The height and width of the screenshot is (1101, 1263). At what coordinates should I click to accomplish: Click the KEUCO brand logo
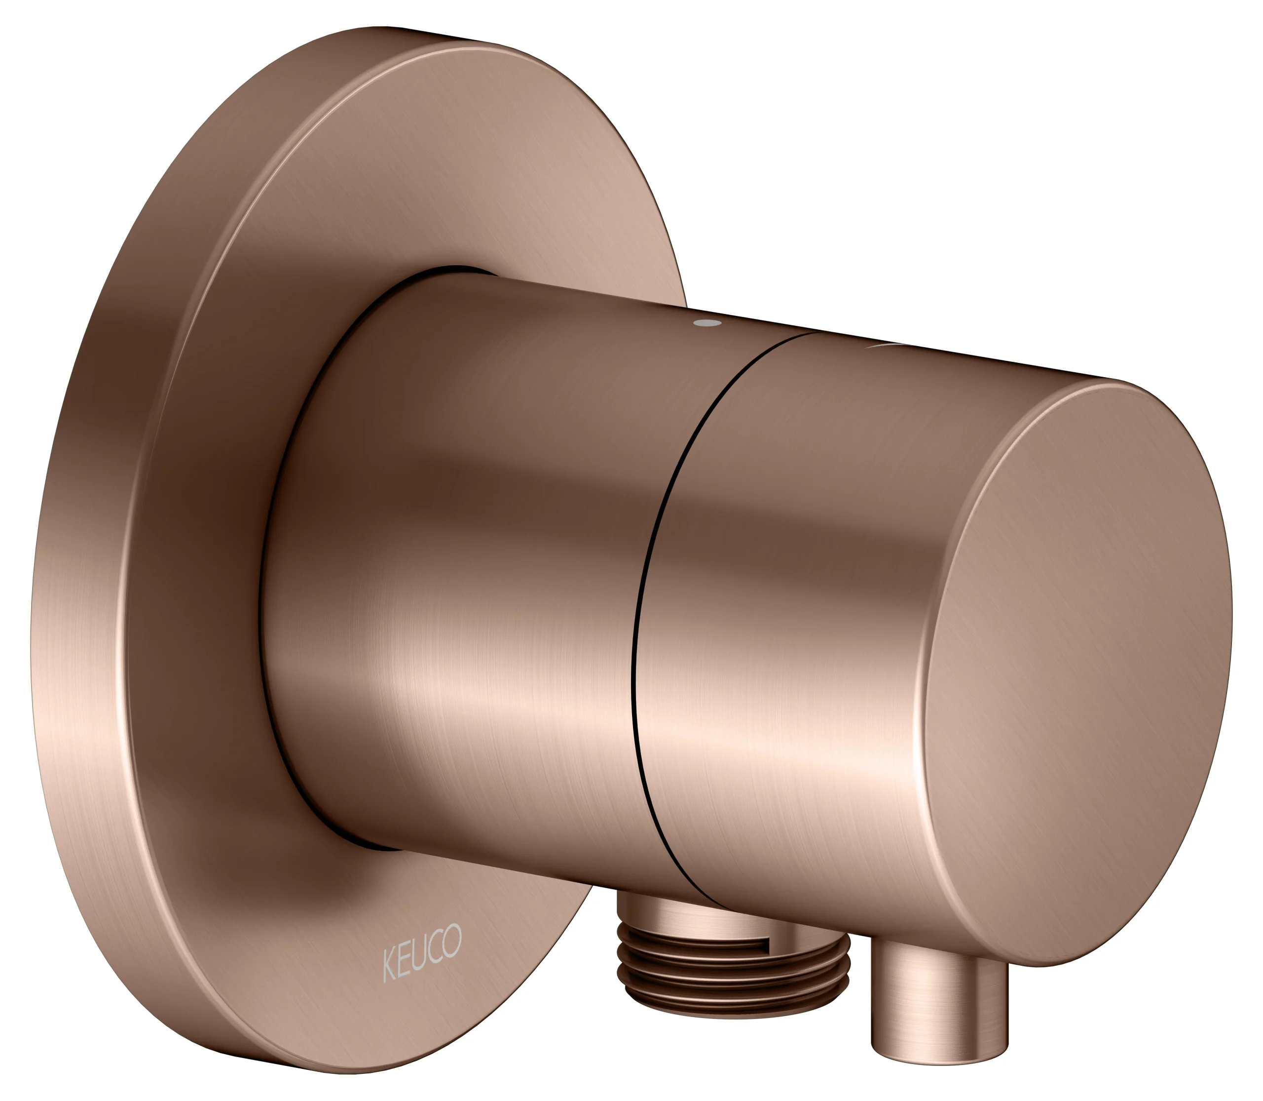pos(422,953)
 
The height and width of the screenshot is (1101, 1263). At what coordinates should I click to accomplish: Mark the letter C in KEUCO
pos(437,947)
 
